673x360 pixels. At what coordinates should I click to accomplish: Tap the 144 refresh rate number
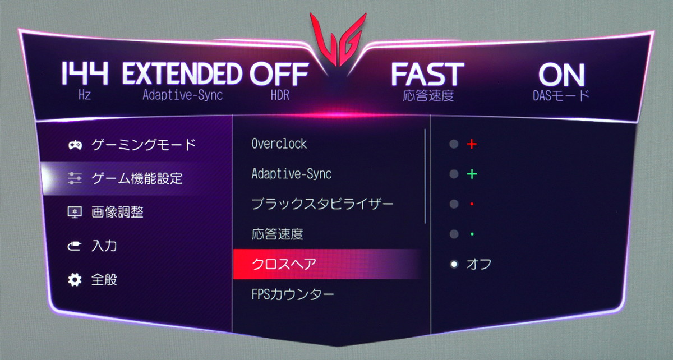[85, 73]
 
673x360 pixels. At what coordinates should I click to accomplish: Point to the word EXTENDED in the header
[182, 73]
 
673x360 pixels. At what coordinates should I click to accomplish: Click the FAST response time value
[427, 74]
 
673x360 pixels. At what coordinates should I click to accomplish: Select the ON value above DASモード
[561, 75]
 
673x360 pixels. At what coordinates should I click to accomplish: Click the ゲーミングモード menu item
[144, 145]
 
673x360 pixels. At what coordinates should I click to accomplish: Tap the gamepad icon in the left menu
[75, 145]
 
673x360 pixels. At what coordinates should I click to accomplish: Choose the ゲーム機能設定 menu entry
[137, 178]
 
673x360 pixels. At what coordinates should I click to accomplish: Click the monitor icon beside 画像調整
[75, 213]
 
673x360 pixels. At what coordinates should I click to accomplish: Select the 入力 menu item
[104, 246]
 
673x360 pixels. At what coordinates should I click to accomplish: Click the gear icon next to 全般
[75, 280]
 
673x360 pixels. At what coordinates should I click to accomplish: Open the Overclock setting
[279, 144]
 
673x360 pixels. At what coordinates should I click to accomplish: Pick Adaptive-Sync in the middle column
[292, 174]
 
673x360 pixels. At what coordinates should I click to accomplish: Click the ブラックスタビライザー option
[322, 204]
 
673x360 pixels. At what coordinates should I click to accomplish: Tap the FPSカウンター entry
[293, 294]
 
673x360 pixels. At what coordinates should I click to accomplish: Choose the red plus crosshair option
[472, 144]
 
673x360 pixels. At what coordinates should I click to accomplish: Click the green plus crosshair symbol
[472, 174]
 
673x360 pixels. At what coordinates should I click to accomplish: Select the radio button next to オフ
[454, 265]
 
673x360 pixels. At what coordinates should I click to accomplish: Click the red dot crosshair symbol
[472, 204]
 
